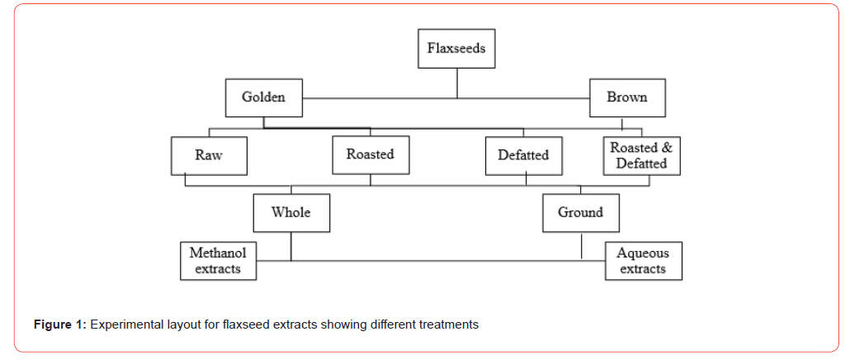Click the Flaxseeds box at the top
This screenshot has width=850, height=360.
tap(456, 48)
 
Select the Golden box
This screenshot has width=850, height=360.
tap(263, 97)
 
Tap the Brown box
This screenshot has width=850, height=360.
tap(627, 97)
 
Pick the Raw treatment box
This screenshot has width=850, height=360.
tap(209, 155)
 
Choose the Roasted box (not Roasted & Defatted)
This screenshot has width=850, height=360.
tap(370, 154)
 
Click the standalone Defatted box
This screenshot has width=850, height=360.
tap(523, 155)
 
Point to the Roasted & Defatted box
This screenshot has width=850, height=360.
tap(641, 155)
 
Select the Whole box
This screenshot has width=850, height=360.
tap(291, 213)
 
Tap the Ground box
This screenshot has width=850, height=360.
tap(580, 213)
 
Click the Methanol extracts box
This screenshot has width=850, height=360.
tap(218, 261)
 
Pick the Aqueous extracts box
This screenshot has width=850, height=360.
tap(643, 261)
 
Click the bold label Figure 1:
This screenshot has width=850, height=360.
tap(59, 324)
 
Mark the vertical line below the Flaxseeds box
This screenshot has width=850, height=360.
tap(457, 83)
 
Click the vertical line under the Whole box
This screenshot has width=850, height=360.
tap(291, 246)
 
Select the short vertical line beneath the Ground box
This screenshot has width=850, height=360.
tap(582, 245)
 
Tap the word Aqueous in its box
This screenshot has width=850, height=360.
tap(643, 253)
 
